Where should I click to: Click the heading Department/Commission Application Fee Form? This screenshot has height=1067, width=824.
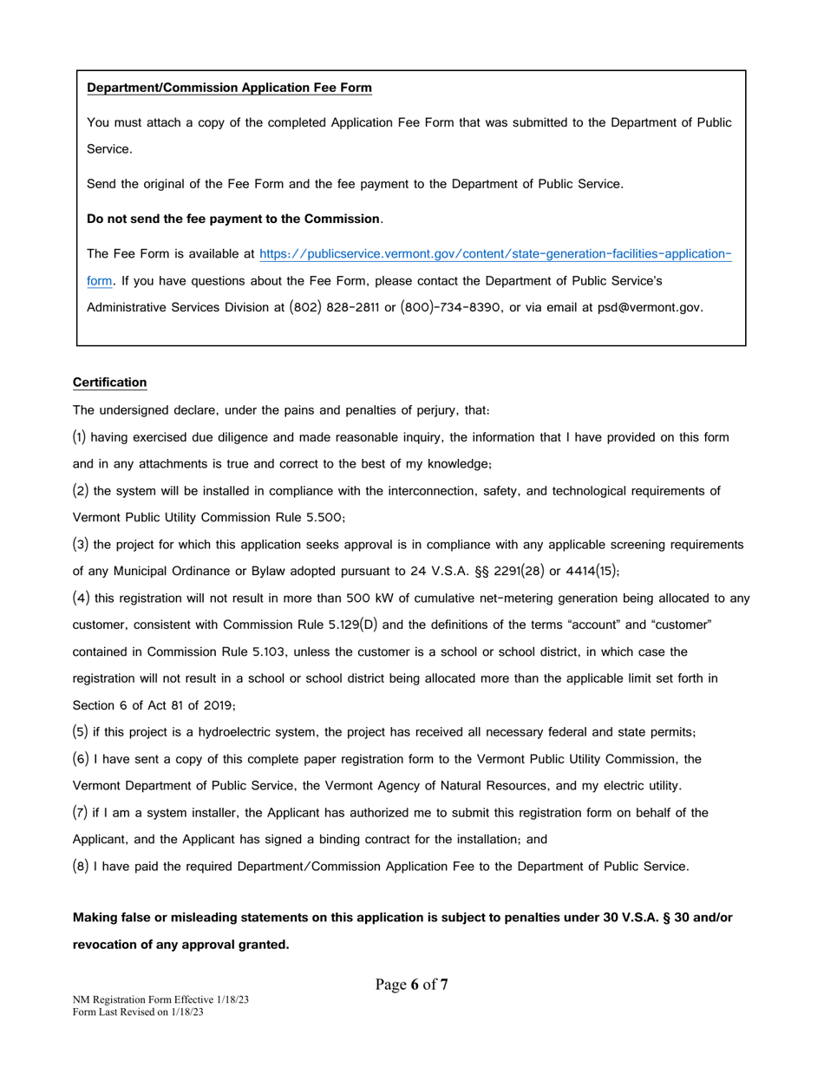230,88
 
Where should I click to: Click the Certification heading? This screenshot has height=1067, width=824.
109,383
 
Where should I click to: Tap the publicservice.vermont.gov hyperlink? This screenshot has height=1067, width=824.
495,254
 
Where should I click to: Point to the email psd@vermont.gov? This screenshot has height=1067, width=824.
650,307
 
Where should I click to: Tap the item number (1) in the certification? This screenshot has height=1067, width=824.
80,437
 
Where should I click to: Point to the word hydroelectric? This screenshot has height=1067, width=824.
213,732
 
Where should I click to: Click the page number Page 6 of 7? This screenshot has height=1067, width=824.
411,985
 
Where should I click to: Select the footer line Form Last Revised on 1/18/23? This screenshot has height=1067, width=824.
138,1011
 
